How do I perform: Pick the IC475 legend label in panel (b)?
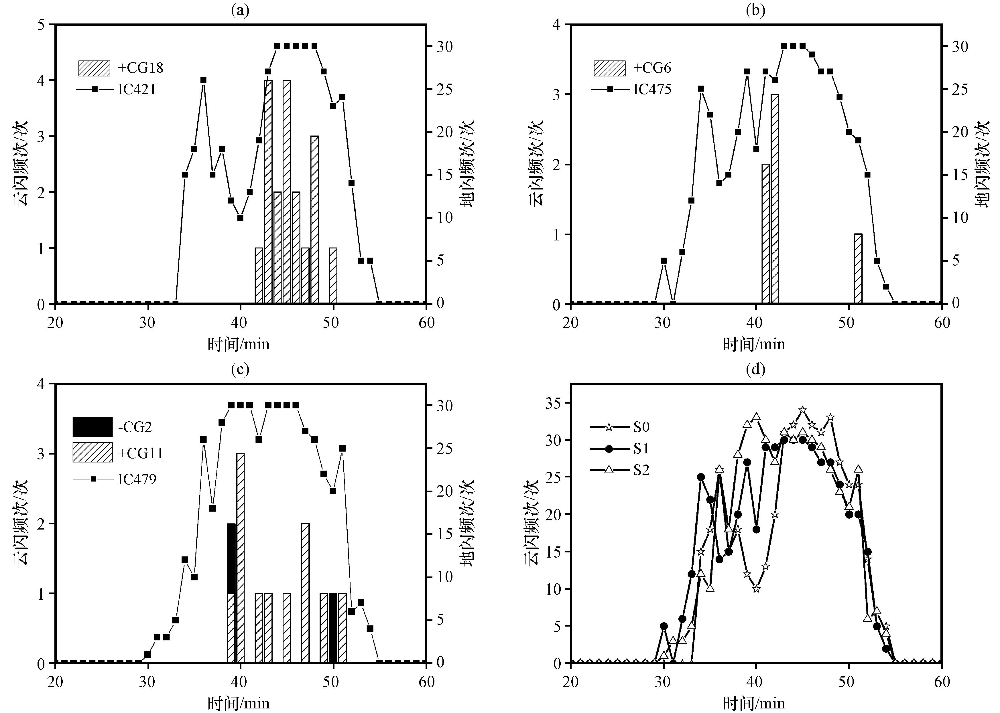(652, 90)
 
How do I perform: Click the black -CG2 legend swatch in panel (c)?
(92, 427)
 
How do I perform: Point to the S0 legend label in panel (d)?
(641, 427)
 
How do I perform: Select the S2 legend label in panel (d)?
(641, 470)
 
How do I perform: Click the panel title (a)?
(240, 10)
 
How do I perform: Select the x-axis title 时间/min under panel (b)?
(754, 344)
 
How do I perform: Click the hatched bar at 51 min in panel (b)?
(858, 269)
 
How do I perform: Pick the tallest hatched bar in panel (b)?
(775, 198)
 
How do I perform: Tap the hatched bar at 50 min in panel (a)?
(333, 276)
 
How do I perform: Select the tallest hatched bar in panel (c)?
(240, 558)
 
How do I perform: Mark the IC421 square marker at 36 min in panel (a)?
(203, 80)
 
